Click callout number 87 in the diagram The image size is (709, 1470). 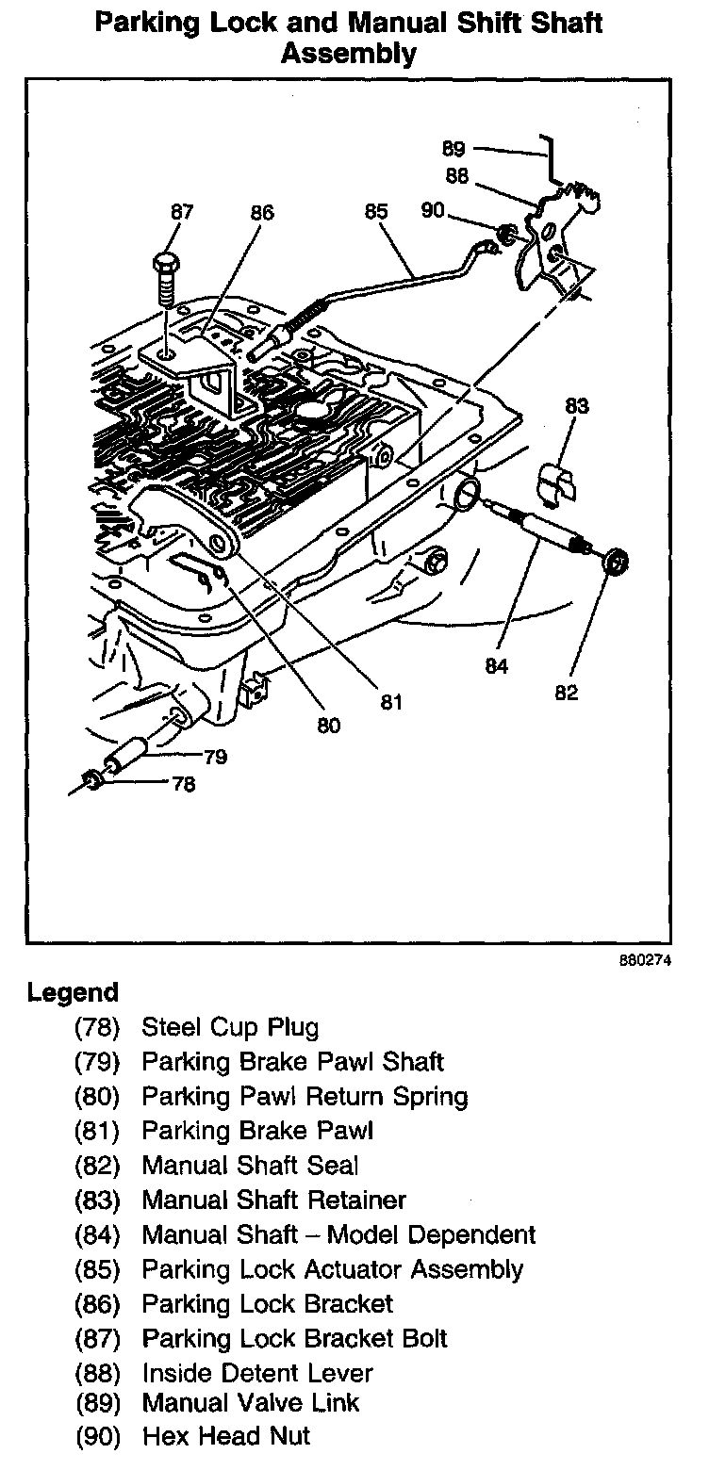tap(181, 213)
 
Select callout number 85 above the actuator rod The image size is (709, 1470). tap(375, 212)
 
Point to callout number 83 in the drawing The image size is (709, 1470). tap(577, 406)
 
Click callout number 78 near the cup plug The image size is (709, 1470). tap(184, 783)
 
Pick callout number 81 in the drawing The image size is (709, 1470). tap(390, 701)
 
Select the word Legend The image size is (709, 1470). tap(74, 992)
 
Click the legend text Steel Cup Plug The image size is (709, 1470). tap(230, 1027)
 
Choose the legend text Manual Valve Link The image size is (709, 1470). tap(251, 1402)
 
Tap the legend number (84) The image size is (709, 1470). tap(98, 1234)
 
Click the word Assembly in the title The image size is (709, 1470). tap(349, 55)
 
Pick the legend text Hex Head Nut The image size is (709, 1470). tap(226, 1437)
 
